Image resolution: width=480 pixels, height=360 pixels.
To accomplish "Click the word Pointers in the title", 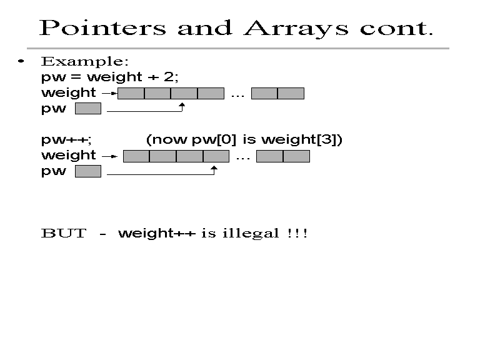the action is coord(103,28).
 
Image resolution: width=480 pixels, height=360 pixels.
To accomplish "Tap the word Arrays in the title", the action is coord(296,29).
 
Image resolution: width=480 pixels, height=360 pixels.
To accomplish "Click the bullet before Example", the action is coord(21,61).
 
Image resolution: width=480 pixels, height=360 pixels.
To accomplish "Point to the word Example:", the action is coord(85,61).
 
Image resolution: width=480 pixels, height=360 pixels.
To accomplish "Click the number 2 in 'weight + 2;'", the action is coord(168,76).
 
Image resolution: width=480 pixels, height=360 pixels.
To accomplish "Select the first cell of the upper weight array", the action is coord(131,93).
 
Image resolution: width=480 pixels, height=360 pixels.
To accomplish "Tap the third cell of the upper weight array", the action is coord(184,93).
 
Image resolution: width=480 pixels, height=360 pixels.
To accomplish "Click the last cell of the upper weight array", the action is coord(291,93).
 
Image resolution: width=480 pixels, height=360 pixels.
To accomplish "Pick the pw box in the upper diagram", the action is coord(88,109).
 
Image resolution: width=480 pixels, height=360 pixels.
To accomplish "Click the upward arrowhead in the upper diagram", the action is coord(182,105).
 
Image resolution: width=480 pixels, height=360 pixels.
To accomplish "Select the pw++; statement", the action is coord(66,140).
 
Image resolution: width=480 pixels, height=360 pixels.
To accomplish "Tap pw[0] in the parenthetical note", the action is coord(214,139).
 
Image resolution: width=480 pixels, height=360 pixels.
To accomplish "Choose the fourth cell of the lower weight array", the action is coord(216,156).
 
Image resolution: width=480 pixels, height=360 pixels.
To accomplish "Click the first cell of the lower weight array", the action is coord(136,156).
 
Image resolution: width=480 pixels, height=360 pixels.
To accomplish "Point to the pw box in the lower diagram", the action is coord(88,171).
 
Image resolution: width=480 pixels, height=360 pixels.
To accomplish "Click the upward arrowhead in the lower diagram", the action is coord(214,168).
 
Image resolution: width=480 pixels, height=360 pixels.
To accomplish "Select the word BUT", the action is coord(64,233).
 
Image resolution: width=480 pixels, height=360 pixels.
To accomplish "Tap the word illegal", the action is coord(251,234).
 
